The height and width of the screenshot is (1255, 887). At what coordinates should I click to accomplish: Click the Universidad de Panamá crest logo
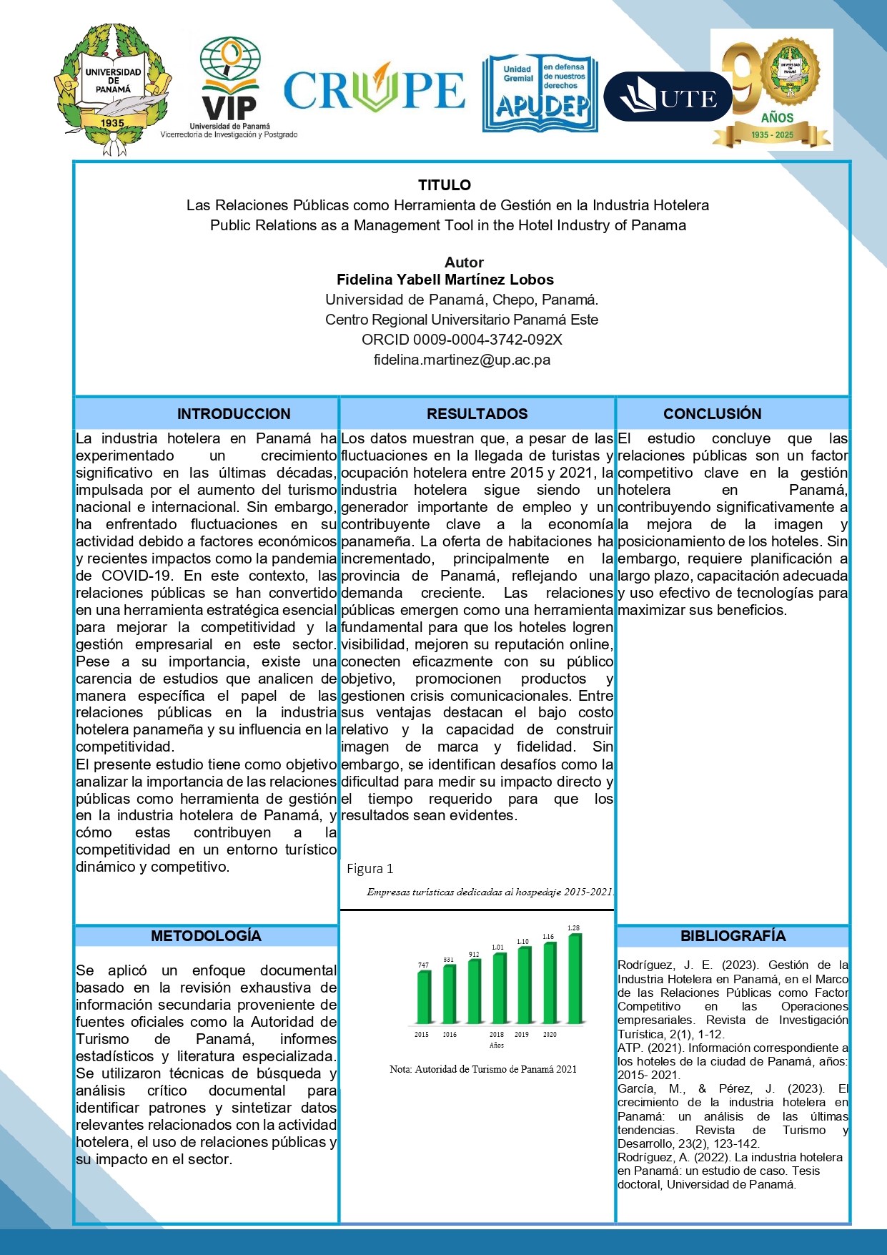coord(112,89)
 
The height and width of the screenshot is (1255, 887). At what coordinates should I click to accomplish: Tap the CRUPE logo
coord(375,89)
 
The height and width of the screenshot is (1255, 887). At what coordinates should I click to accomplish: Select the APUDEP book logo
coord(540,93)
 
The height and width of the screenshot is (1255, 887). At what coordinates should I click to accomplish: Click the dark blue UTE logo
coord(668,97)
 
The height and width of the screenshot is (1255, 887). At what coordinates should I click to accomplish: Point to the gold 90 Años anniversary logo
coord(772,89)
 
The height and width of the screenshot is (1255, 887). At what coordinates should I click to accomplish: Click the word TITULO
coord(444,185)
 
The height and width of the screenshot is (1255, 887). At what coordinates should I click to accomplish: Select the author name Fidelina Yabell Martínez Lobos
coord(445,280)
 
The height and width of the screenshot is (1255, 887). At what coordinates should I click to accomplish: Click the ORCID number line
coord(462,340)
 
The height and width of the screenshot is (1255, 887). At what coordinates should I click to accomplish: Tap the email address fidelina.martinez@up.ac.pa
coord(462,360)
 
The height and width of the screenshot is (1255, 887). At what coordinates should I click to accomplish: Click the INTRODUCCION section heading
coord(234,414)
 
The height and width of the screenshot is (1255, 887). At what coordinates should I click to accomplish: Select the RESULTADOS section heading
coord(477,414)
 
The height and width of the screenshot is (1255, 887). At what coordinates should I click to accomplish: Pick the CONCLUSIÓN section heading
coord(712,414)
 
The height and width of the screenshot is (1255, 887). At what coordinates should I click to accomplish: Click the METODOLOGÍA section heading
coord(206,936)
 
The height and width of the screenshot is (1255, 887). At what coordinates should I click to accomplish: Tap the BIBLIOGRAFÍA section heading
coord(733,936)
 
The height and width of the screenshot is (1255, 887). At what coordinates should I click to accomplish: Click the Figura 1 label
coord(370,869)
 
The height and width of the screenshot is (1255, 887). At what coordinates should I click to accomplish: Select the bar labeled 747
coord(424,998)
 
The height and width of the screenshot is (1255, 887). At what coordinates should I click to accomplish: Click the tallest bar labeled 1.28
coord(575,978)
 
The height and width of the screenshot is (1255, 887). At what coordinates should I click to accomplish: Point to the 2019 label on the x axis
coord(522,1035)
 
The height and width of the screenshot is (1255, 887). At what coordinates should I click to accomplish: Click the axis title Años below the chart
coord(497,1045)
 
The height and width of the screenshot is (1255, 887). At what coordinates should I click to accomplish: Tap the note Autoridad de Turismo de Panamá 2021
coord(483,1070)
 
